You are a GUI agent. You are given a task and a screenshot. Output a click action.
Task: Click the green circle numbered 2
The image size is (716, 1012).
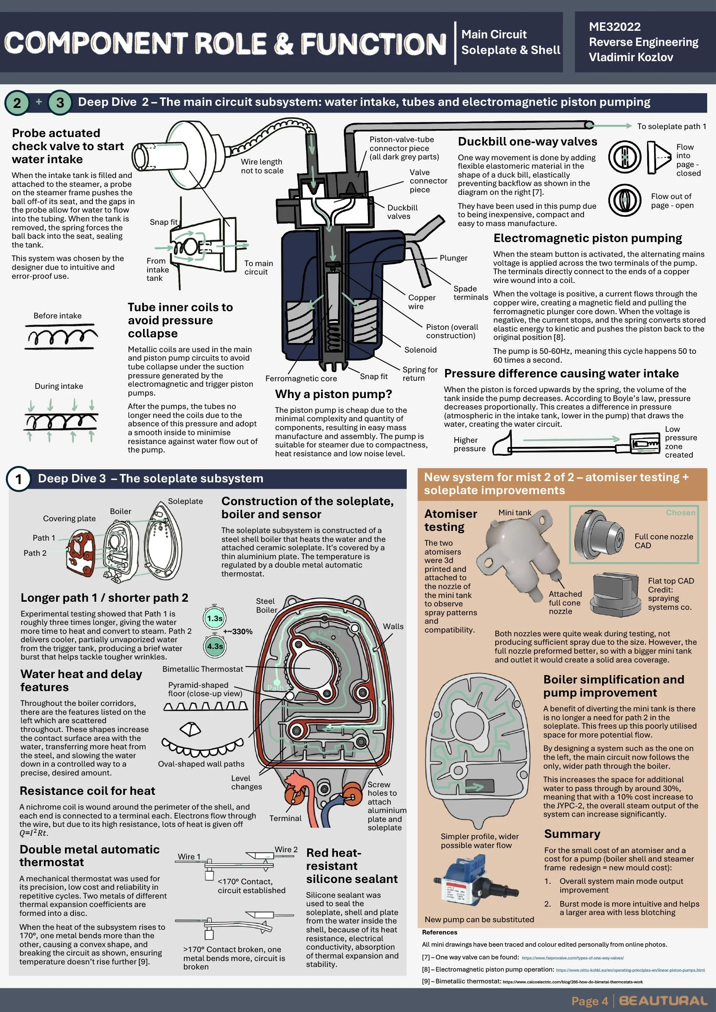[17, 103]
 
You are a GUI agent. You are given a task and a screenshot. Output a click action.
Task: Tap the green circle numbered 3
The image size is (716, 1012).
[60, 103]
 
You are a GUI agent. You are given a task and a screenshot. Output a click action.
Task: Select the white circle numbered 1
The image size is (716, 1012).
[19, 479]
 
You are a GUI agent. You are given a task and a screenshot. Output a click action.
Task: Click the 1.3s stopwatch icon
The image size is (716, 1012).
[214, 618]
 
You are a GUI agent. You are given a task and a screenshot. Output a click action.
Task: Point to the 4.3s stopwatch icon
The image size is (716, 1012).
[214, 646]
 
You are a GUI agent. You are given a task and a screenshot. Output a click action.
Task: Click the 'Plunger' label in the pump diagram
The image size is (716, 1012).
[454, 258]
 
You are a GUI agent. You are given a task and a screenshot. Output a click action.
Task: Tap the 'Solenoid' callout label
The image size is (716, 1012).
[420, 350]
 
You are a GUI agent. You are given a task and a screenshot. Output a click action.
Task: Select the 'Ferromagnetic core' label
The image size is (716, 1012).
[301, 378]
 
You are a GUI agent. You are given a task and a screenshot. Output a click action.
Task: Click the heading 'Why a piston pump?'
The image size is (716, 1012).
[333, 394]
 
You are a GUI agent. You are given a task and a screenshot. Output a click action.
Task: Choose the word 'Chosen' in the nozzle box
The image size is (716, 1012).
[680, 513]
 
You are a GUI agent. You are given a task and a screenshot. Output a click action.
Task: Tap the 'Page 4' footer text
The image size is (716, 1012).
[589, 1001]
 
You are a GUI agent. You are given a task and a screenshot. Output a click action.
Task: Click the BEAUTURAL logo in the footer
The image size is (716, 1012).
[663, 1001]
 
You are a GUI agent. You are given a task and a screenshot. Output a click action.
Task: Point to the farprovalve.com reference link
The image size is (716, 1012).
[573, 957]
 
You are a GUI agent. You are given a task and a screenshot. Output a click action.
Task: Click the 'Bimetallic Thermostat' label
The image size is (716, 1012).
[203, 669]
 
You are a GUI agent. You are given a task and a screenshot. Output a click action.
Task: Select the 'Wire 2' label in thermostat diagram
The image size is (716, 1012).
[286, 849]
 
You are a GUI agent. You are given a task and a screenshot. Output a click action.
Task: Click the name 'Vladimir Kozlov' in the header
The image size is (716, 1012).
[631, 57]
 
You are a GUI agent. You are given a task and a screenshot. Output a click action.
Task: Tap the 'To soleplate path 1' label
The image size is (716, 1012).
[671, 126]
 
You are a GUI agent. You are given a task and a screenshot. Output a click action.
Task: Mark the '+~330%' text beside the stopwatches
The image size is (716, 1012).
[238, 631]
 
